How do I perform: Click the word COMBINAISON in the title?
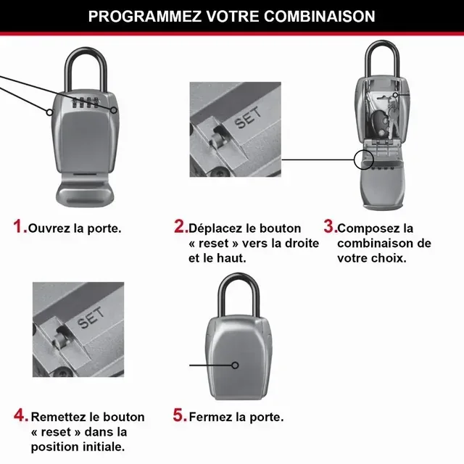pos(318,16)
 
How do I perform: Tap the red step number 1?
pos(20,227)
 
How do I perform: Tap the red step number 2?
pos(180,227)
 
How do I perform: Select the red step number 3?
pos(329,227)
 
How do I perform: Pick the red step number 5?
pos(180,416)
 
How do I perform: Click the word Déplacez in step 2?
pos(215,228)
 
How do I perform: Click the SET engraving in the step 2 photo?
pos(249,120)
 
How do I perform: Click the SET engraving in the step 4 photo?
pos(91,319)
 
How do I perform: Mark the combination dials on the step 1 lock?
pos(83,104)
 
